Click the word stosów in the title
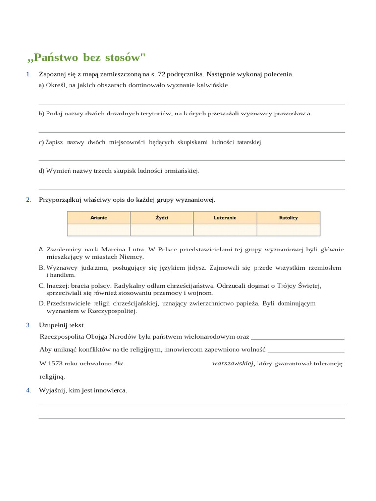pos(128,58)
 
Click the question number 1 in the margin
pos(29,74)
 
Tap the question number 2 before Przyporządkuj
pos(29,200)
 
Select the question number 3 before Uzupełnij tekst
pos(29,325)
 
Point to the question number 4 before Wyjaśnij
pos(29,390)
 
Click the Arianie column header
pos(98,218)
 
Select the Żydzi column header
pos(162,218)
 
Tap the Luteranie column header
pos(225,218)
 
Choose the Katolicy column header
pos(288,218)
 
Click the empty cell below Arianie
pos(98,230)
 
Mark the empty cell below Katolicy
pos(288,230)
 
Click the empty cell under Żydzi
pos(162,230)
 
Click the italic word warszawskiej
pos(233,364)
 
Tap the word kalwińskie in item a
pos(213,85)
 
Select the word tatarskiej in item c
pos(250,142)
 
